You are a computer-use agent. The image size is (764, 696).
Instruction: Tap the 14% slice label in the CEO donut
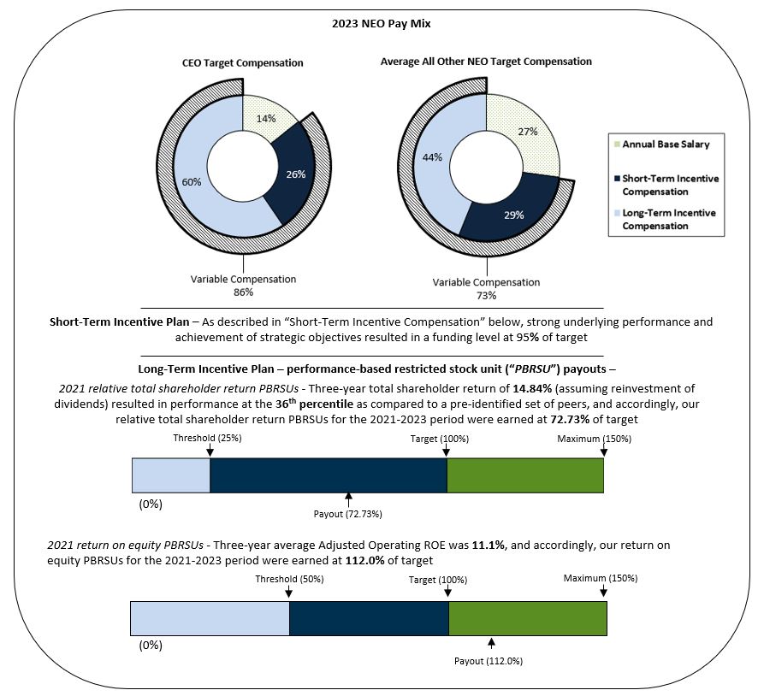pyautogui.click(x=266, y=118)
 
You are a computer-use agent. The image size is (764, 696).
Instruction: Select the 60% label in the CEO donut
pyautogui.click(x=191, y=181)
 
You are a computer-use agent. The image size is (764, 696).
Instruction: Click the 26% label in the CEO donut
pyautogui.click(x=294, y=174)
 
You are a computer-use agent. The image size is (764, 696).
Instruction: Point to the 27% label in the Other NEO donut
pyautogui.click(x=529, y=133)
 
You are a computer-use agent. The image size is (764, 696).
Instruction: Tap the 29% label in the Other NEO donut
pyautogui.click(x=515, y=214)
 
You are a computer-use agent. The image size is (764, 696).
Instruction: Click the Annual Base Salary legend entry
pyautogui.click(x=668, y=144)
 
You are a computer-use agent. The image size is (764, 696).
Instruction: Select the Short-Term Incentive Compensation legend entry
pyautogui.click(x=670, y=184)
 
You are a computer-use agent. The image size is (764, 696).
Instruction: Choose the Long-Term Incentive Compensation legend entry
pyautogui.click(x=670, y=219)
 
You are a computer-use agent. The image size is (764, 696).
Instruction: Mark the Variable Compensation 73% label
pyautogui.click(x=486, y=288)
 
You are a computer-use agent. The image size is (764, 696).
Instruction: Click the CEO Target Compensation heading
pyautogui.click(x=242, y=63)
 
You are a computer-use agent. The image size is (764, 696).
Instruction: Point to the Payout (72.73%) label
pyautogui.click(x=348, y=514)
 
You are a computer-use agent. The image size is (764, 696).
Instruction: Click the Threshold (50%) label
pyautogui.click(x=289, y=579)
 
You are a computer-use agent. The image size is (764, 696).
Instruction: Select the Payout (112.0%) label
pyautogui.click(x=490, y=661)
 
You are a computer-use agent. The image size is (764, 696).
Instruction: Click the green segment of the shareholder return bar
pyautogui.click(x=525, y=475)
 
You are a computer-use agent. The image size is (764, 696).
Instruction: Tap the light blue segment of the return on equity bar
pyautogui.click(x=210, y=618)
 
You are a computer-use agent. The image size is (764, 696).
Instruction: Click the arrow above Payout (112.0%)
pyautogui.click(x=491, y=643)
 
